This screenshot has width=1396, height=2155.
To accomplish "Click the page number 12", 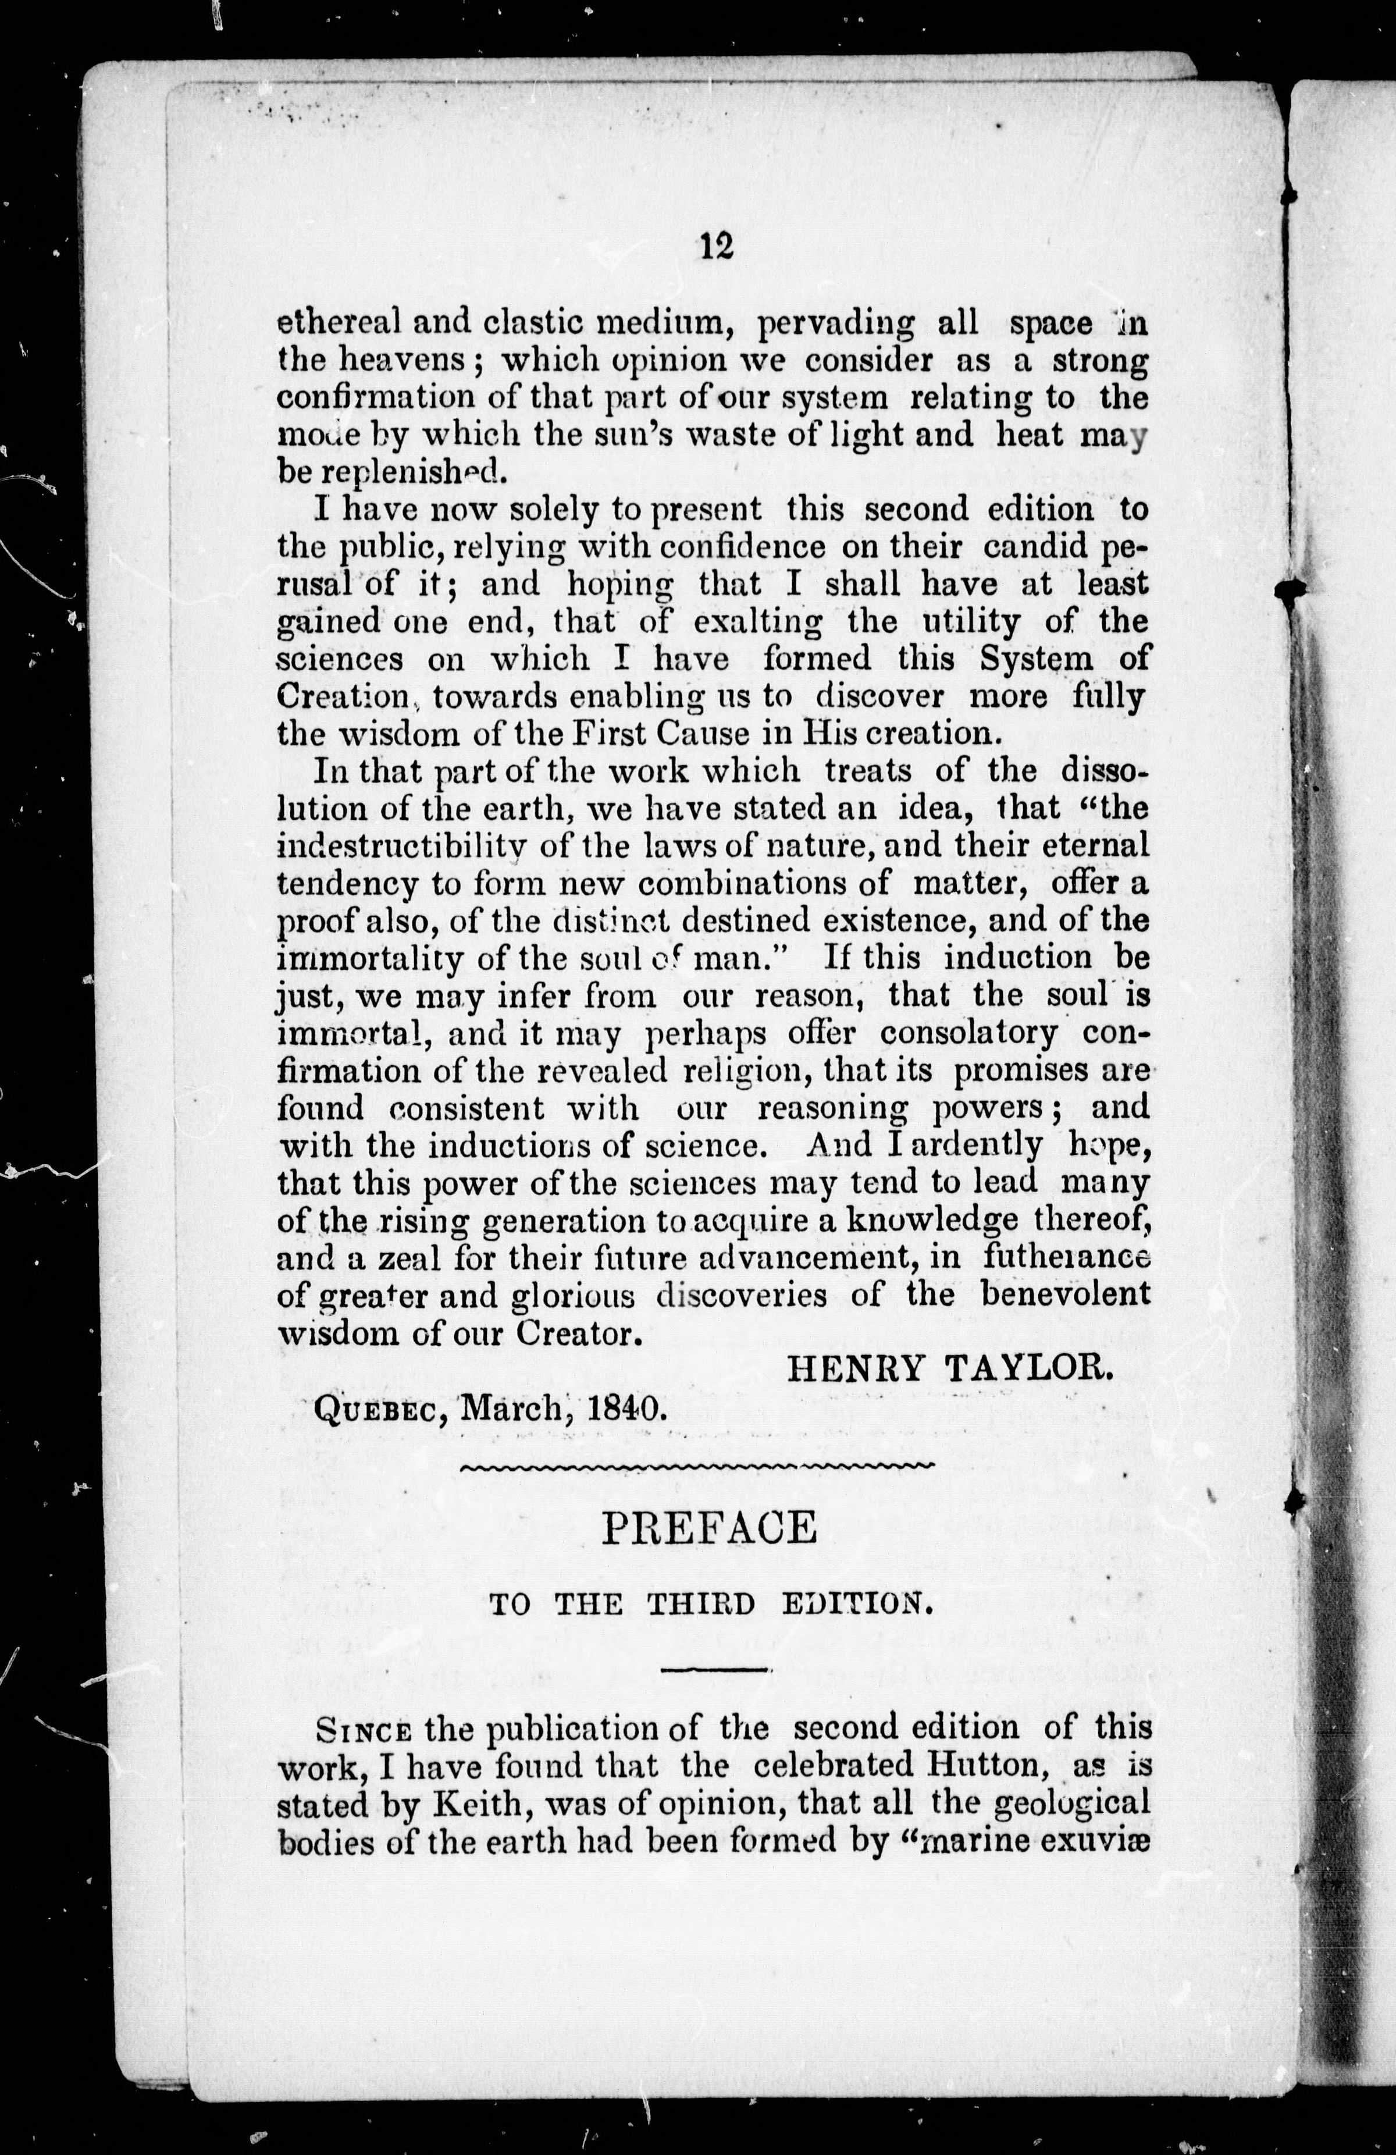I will click(715, 246).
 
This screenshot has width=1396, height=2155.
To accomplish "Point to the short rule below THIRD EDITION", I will click(715, 1669).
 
